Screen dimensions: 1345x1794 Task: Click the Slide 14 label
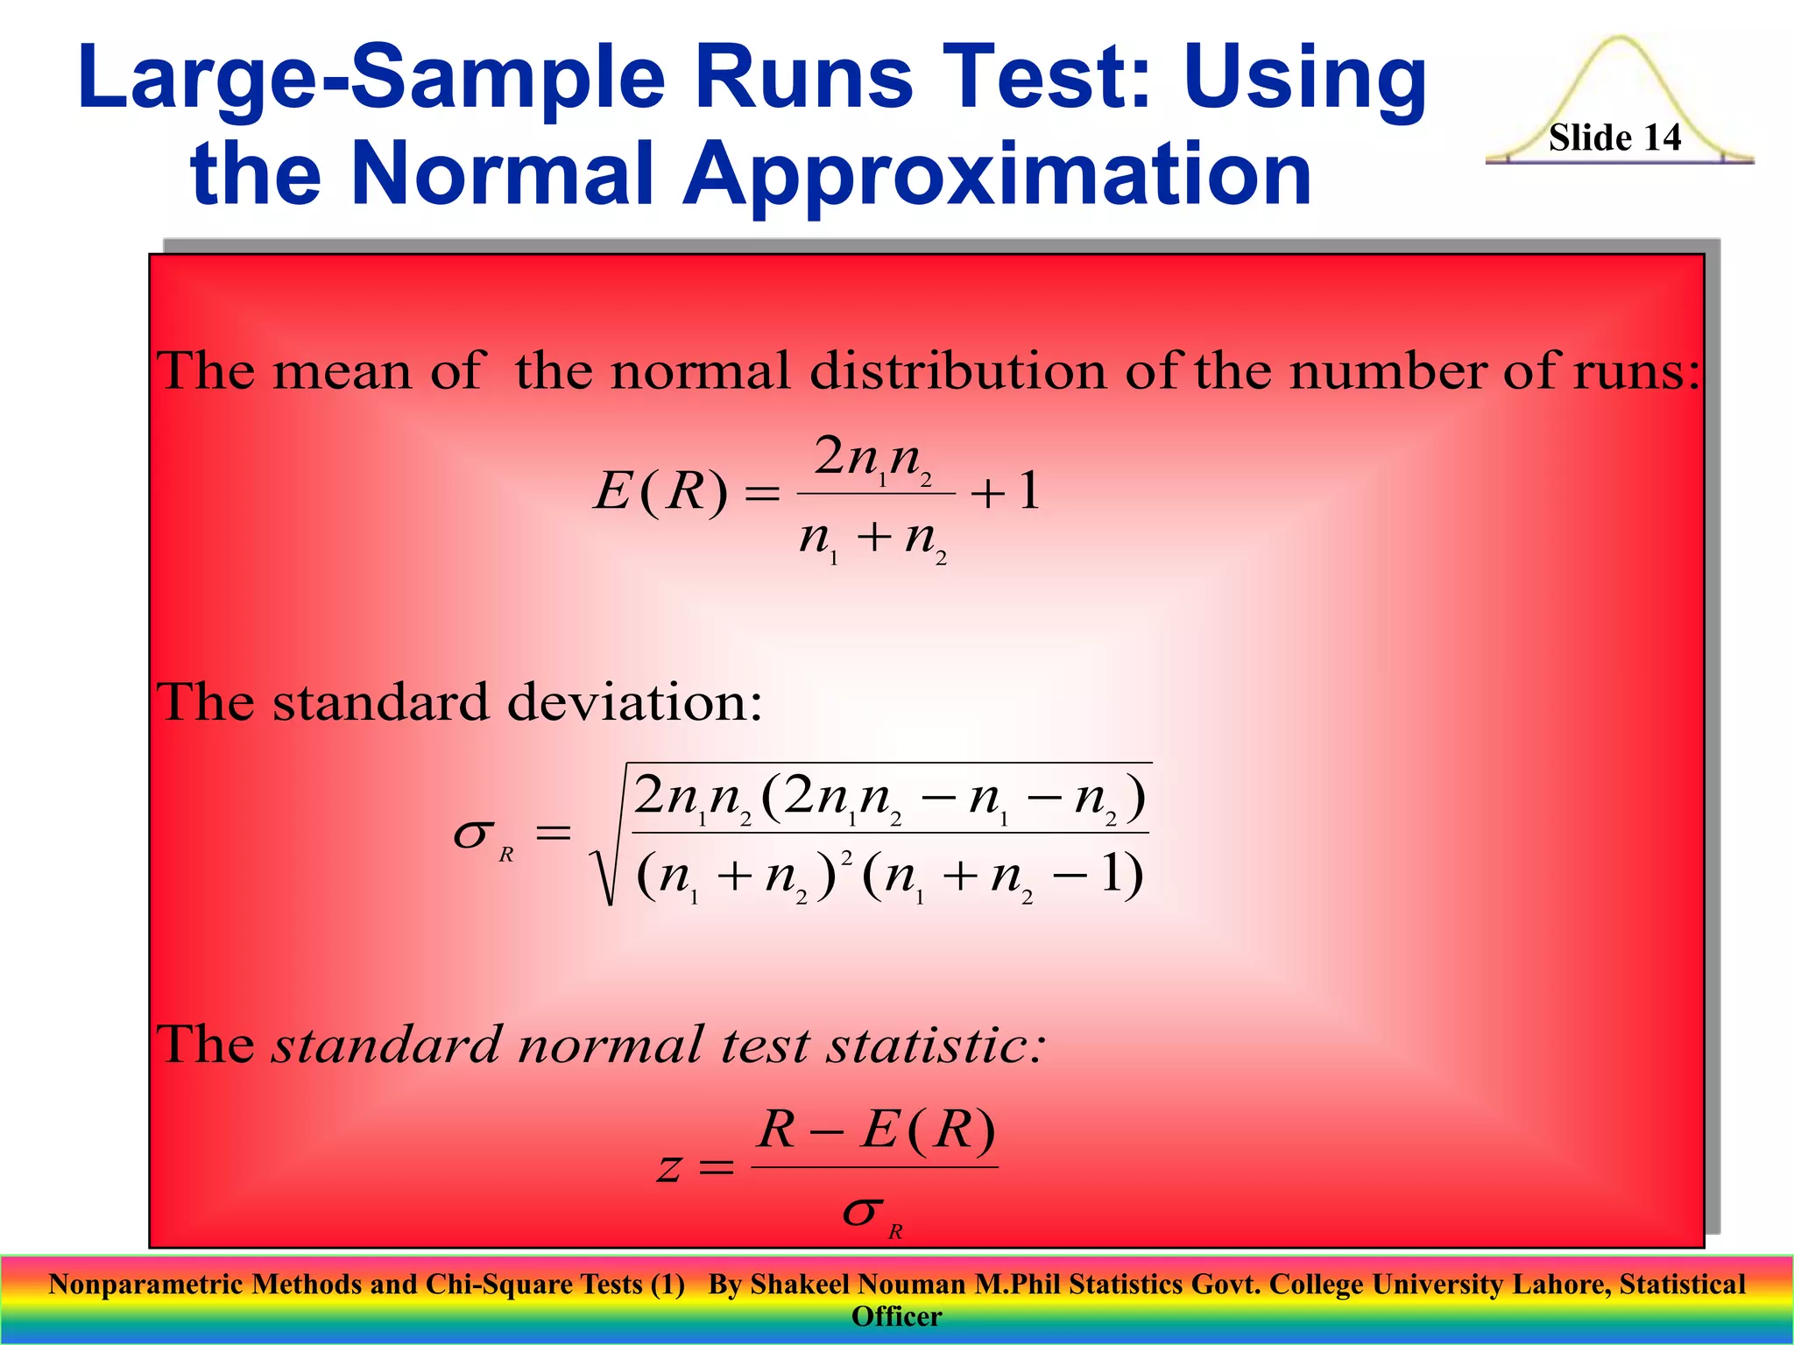(1614, 137)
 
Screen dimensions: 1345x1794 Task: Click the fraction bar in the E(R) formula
(875, 494)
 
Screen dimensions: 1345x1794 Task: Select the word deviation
(634, 702)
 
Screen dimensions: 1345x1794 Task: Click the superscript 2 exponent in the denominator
(846, 857)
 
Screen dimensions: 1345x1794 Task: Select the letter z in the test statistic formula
(669, 1168)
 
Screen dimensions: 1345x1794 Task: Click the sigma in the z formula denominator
(861, 1213)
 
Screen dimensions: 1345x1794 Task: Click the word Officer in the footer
(896, 1316)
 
